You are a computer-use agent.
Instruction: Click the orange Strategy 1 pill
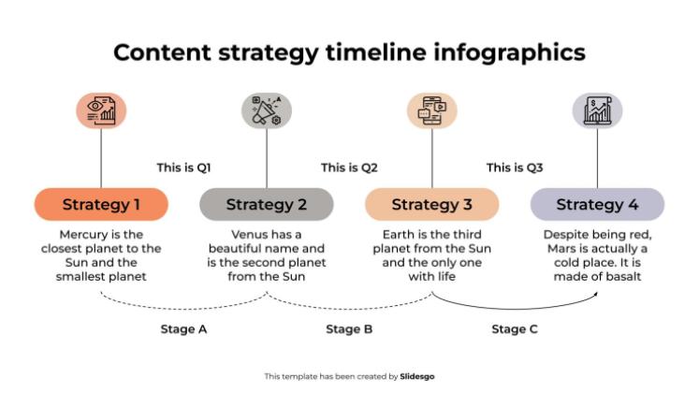click(101, 204)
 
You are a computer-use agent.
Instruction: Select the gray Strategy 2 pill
click(267, 204)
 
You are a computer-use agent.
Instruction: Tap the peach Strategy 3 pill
click(431, 204)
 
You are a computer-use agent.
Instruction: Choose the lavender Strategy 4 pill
click(597, 204)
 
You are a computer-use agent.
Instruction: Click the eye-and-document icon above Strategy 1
click(101, 111)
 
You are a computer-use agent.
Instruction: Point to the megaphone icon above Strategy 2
click(267, 111)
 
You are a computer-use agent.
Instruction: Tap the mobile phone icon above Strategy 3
click(431, 111)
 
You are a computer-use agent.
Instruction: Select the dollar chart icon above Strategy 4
click(597, 111)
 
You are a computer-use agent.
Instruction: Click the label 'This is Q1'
click(183, 168)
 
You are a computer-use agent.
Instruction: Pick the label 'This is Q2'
click(349, 168)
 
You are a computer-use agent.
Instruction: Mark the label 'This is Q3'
click(515, 168)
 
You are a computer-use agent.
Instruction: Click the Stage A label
click(183, 329)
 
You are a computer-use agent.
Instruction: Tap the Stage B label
click(349, 329)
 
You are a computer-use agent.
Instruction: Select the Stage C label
click(515, 329)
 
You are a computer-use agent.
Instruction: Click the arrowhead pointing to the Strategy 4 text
click(594, 292)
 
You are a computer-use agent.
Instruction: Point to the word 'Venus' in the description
click(249, 234)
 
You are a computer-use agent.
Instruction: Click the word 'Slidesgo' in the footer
click(417, 376)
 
